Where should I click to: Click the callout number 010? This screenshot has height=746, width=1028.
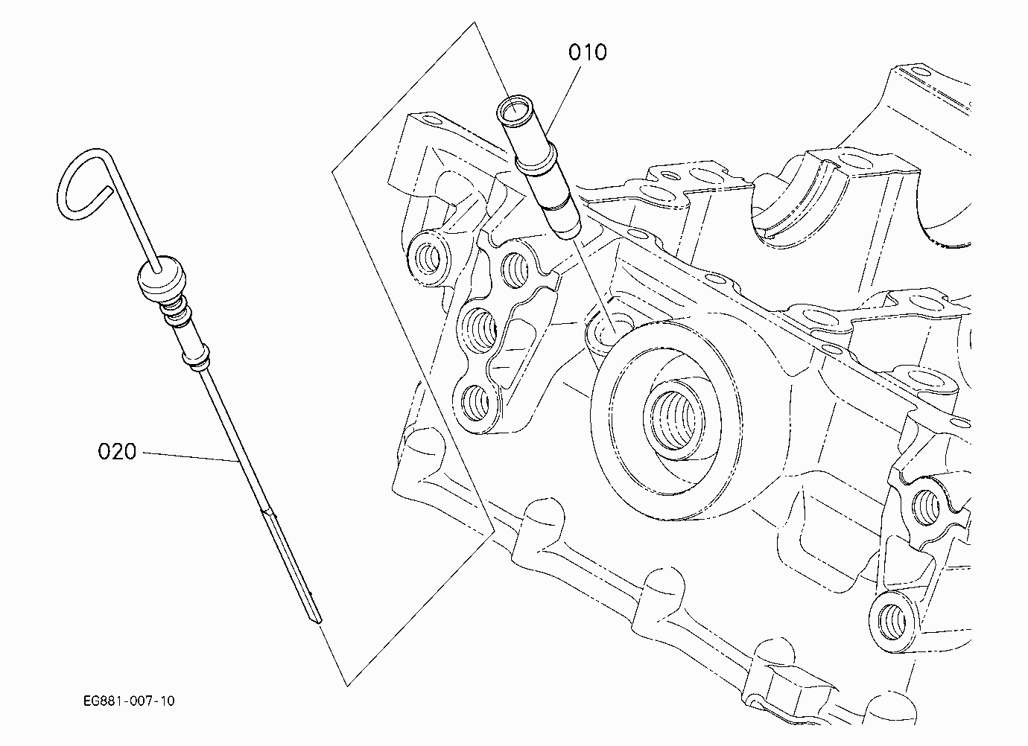588,52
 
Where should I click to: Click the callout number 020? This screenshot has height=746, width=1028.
117,451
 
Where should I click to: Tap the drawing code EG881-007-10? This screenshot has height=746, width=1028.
129,701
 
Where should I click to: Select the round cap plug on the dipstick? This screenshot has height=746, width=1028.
162,278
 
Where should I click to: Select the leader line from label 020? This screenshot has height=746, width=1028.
191,457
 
